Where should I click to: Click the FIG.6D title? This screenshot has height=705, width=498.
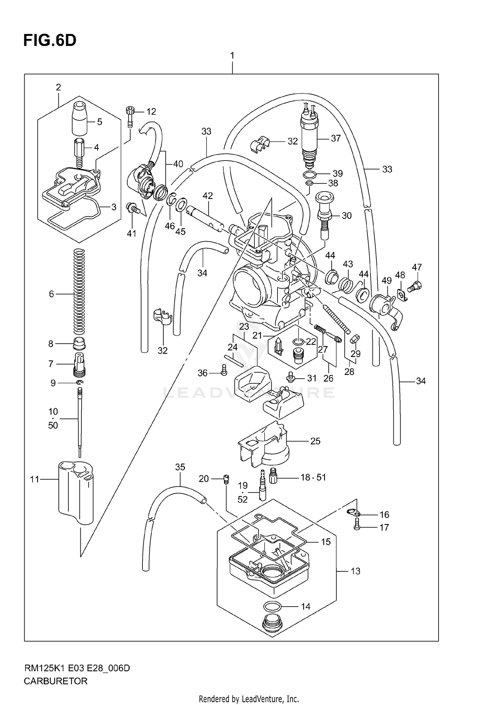pos(50,41)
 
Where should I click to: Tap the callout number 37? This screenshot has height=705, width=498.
pos(336,138)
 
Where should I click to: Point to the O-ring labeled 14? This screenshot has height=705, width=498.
pos(273,607)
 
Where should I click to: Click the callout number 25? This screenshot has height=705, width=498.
pos(315,441)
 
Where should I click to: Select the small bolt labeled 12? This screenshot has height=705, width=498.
pos(130,116)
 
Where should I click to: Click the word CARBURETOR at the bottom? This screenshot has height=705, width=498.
pos(55,681)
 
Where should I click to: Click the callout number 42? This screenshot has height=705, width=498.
pos(207,196)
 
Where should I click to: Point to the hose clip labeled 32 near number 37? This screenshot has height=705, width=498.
pos(259,144)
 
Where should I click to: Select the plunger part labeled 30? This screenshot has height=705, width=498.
pos(324,216)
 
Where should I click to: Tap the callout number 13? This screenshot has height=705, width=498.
pos(355,571)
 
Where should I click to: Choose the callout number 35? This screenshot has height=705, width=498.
pos(180,467)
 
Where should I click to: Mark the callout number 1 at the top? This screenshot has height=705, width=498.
pos(232,55)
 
